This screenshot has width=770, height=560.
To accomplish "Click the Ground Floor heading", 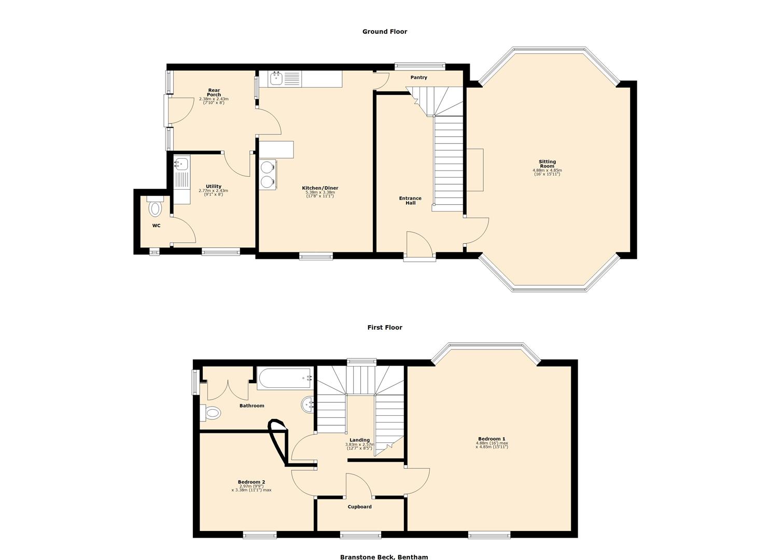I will click(384, 32).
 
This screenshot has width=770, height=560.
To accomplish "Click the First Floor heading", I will click(384, 328).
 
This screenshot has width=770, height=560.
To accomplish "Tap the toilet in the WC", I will click(155, 208).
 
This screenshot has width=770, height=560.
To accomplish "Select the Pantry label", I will click(418, 78).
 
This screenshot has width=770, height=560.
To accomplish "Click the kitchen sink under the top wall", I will click(275, 79).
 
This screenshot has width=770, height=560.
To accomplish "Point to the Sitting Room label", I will click(547, 164).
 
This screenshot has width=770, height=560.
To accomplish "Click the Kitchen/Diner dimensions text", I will click(320, 194).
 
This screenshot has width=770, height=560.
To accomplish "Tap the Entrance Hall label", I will click(410, 201).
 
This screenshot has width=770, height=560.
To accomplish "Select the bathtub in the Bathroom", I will click(285, 379).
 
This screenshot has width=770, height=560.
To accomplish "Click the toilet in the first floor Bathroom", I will click(212, 413).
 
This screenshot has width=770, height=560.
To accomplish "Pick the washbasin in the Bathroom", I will click(306, 405).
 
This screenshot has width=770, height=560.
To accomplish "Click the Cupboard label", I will click(359, 507).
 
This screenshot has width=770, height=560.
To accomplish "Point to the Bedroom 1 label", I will click(492, 439).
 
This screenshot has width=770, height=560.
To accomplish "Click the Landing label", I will click(359, 440).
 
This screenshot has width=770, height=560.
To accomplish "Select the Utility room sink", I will click(180, 165).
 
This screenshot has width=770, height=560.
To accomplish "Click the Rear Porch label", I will click(214, 92).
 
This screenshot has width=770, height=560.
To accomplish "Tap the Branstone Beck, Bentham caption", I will click(384, 557).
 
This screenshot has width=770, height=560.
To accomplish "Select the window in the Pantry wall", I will click(419, 66).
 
